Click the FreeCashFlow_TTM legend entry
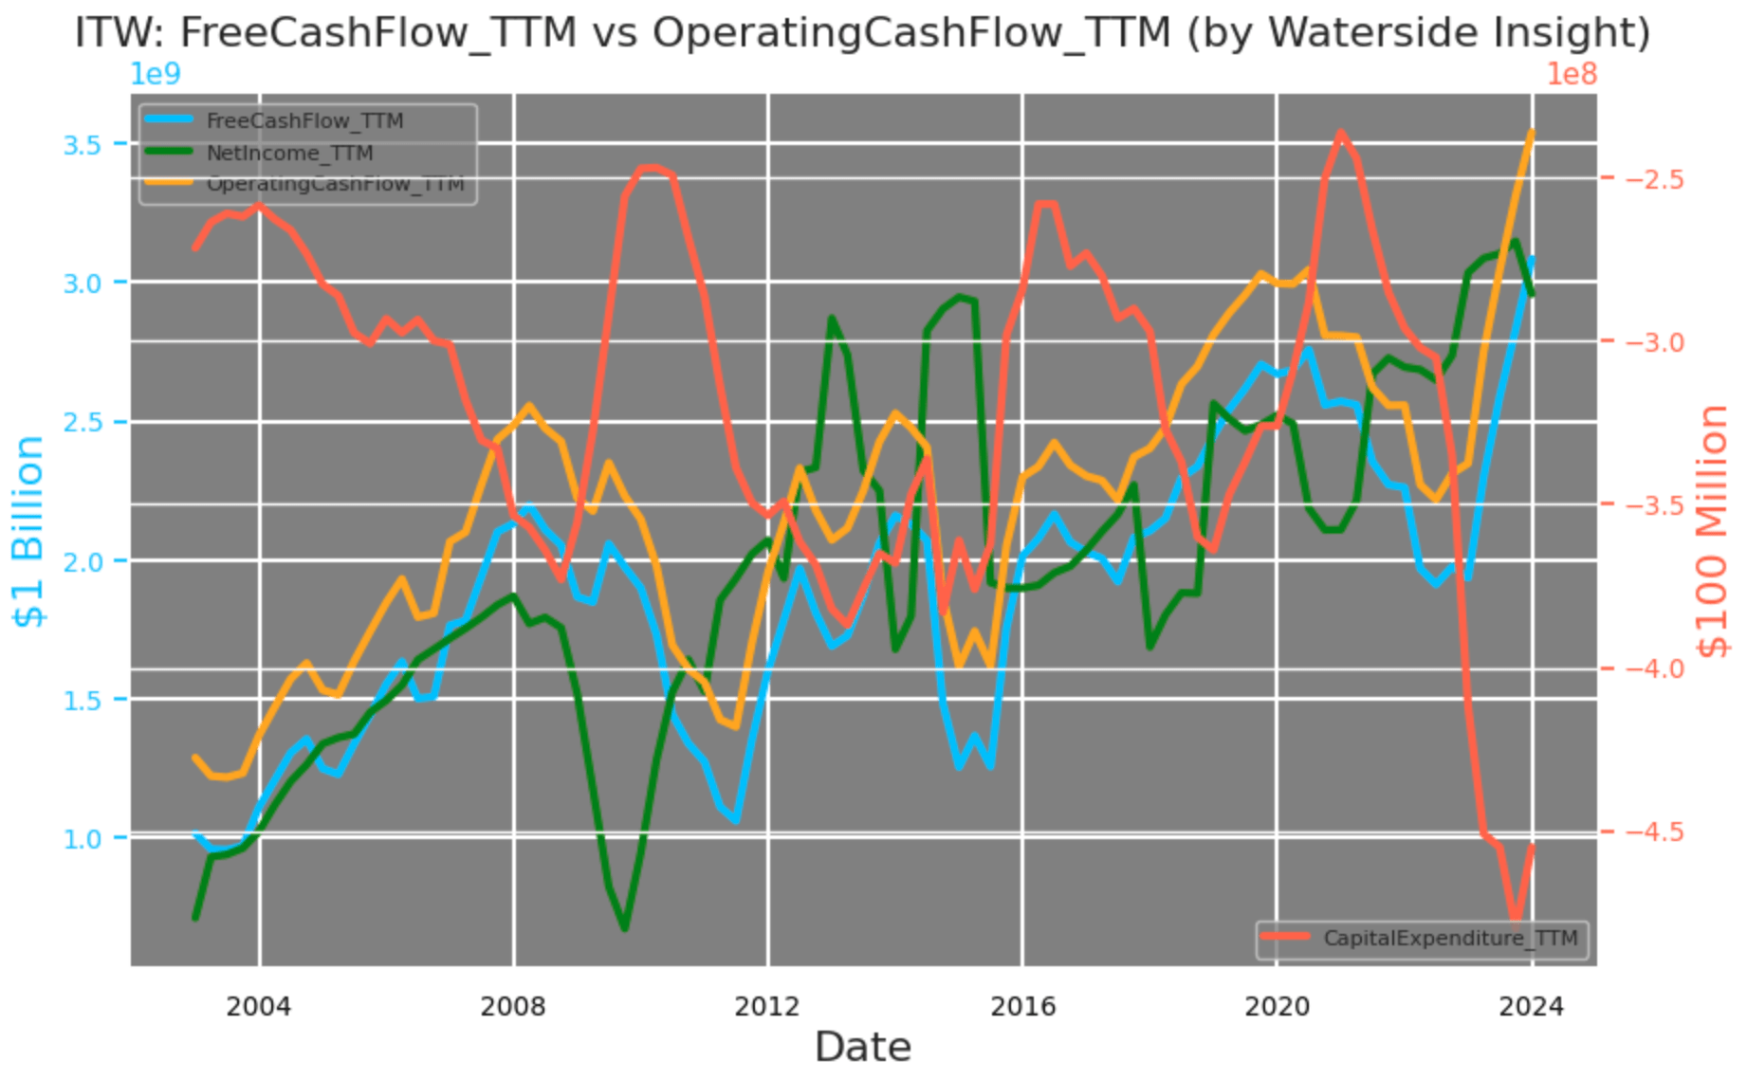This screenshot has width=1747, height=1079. click(303, 121)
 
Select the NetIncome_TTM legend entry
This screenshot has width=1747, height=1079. click(288, 154)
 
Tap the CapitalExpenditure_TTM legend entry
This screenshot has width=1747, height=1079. click(1449, 939)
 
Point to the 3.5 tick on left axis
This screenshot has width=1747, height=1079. click(82, 145)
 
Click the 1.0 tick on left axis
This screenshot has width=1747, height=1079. click(82, 839)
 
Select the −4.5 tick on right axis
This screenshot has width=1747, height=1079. click(1654, 832)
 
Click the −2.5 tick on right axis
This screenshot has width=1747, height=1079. click(1654, 180)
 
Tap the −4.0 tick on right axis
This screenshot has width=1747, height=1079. click(1654, 669)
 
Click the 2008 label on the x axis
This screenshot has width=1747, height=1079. click(513, 1006)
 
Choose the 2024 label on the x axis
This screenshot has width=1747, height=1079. click(1531, 1006)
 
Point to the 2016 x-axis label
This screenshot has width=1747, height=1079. click(1022, 1006)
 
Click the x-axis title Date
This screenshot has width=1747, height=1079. click(863, 1048)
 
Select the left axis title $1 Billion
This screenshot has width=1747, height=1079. click(28, 531)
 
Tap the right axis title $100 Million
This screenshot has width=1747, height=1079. click(1713, 531)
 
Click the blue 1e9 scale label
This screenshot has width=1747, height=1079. click(155, 74)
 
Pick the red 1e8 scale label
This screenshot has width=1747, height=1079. click(1572, 74)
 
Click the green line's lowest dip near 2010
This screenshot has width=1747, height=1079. click(624, 928)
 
